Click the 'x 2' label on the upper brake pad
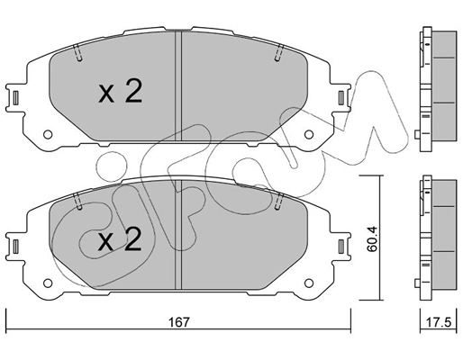point(120,93)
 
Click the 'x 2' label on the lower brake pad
point(120,240)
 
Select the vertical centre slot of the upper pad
point(182,90)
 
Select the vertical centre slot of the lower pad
point(182,238)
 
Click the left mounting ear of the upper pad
point(15,98)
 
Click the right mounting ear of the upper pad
point(346,98)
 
